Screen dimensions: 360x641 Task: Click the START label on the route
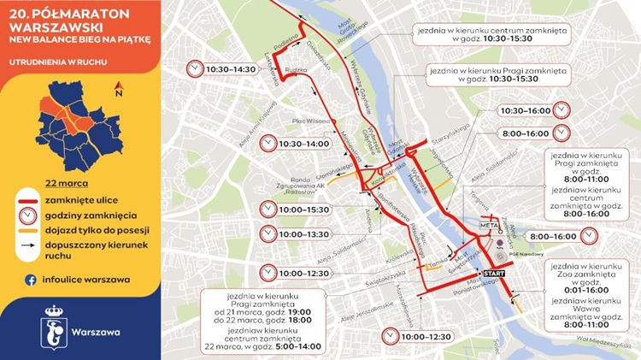pos(494,272)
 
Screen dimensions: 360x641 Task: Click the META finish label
pos(489,225)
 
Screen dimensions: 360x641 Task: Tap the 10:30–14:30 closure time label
pos(230,68)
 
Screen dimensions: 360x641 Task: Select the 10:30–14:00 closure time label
pos(304,144)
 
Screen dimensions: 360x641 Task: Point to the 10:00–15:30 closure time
pos(305,210)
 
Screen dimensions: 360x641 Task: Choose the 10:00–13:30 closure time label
pos(305,233)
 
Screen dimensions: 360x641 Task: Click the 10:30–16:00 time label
pos(525,111)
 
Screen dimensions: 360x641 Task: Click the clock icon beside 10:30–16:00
pos(562,111)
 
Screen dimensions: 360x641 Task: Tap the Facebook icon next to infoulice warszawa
pos(30,280)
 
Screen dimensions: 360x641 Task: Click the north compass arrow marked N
pos(119,87)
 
